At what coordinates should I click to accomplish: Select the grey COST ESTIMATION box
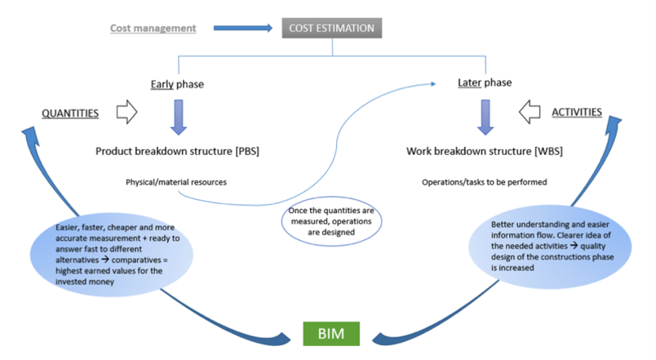point(331,29)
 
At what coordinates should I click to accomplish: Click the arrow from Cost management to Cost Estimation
point(242,29)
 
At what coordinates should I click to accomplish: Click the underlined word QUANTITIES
point(71,113)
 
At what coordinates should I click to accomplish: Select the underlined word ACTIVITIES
point(578,112)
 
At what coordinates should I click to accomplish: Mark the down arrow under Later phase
point(485,117)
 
